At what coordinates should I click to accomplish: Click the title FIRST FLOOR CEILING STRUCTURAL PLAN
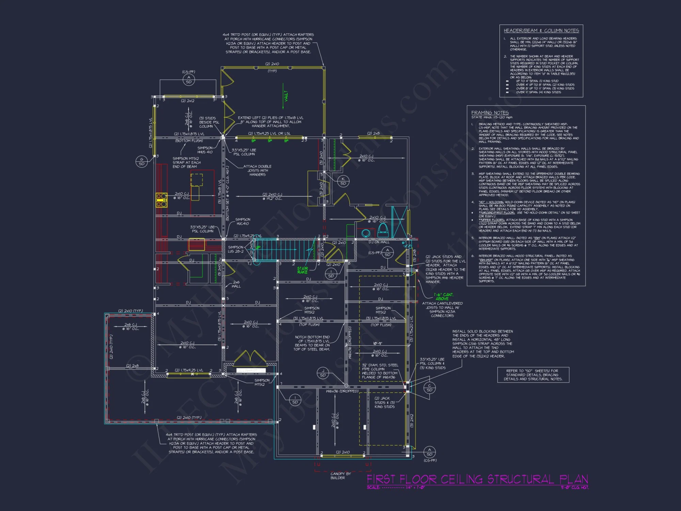click(x=477, y=479)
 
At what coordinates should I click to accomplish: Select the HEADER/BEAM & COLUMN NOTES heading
click(x=541, y=31)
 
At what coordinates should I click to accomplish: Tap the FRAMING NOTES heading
click(x=490, y=112)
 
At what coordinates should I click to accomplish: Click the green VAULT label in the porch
click(x=286, y=96)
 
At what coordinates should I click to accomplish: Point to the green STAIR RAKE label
click(x=302, y=270)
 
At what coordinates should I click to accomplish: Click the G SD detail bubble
click(x=142, y=161)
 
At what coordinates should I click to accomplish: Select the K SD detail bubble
click(x=343, y=181)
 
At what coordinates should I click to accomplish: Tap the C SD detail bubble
click(x=429, y=388)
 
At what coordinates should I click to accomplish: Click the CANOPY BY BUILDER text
click(x=340, y=476)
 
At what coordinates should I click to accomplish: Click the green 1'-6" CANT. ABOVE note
click(x=443, y=296)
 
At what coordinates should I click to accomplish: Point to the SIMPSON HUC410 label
click(x=242, y=221)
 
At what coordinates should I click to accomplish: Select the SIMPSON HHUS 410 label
click(x=205, y=150)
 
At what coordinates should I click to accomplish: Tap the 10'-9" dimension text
click(x=377, y=343)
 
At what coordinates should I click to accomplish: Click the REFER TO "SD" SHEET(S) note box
click(x=533, y=375)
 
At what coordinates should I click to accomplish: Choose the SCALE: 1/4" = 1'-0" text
click(x=396, y=487)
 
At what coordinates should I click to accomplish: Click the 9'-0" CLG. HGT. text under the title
click(x=574, y=487)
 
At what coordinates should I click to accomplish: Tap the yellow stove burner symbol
click(x=161, y=200)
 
